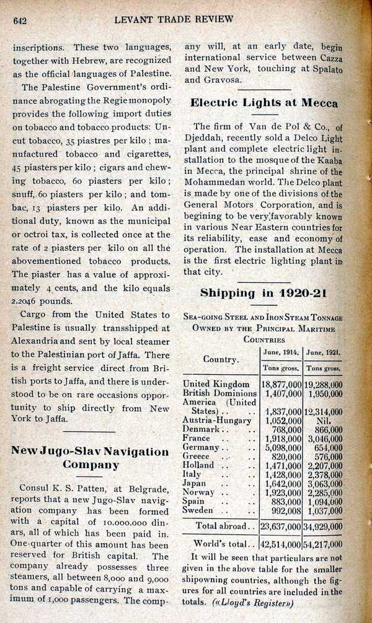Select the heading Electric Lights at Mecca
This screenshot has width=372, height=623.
click(263, 103)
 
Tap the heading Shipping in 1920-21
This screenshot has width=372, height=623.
click(263, 293)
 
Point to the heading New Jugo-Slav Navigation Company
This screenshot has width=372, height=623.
click(90, 457)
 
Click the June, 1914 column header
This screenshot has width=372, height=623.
click(280, 352)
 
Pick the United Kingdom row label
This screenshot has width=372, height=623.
click(216, 384)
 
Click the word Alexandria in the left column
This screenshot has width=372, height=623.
click(39, 341)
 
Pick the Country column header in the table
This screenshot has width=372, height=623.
click(220, 360)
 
